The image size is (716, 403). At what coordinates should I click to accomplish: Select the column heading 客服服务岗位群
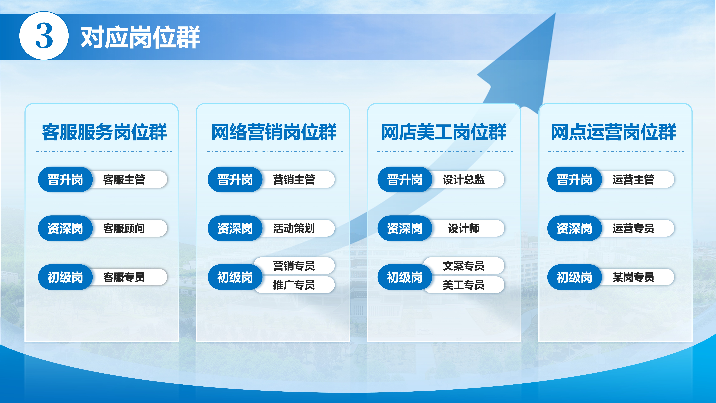[104, 132]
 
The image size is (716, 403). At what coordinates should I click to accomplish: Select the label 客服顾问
[124, 228]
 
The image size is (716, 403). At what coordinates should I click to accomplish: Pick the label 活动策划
[294, 228]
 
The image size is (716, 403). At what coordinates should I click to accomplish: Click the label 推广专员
[294, 285]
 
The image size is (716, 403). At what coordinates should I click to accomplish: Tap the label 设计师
[464, 228]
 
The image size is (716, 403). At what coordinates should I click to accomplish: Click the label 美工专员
[464, 285]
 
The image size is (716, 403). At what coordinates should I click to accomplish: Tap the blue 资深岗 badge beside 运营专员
[575, 228]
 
